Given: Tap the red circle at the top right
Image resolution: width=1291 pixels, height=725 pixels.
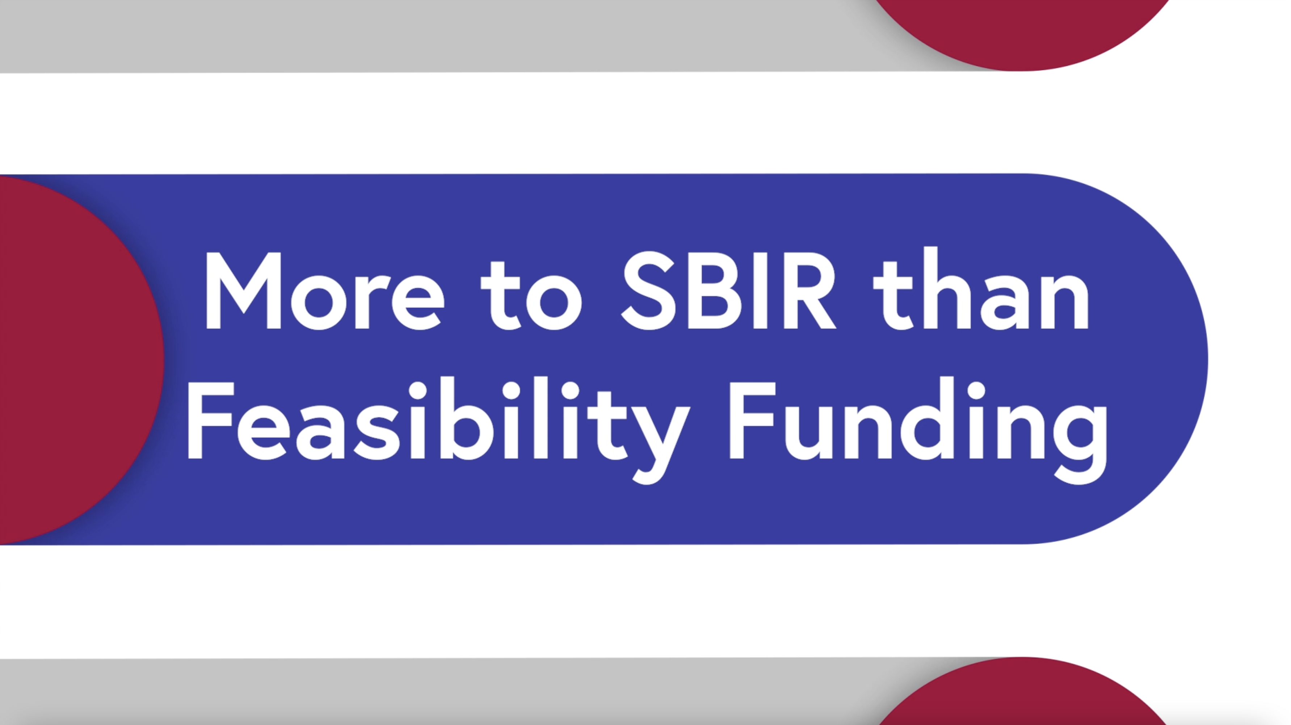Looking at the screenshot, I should [1022, 30].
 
